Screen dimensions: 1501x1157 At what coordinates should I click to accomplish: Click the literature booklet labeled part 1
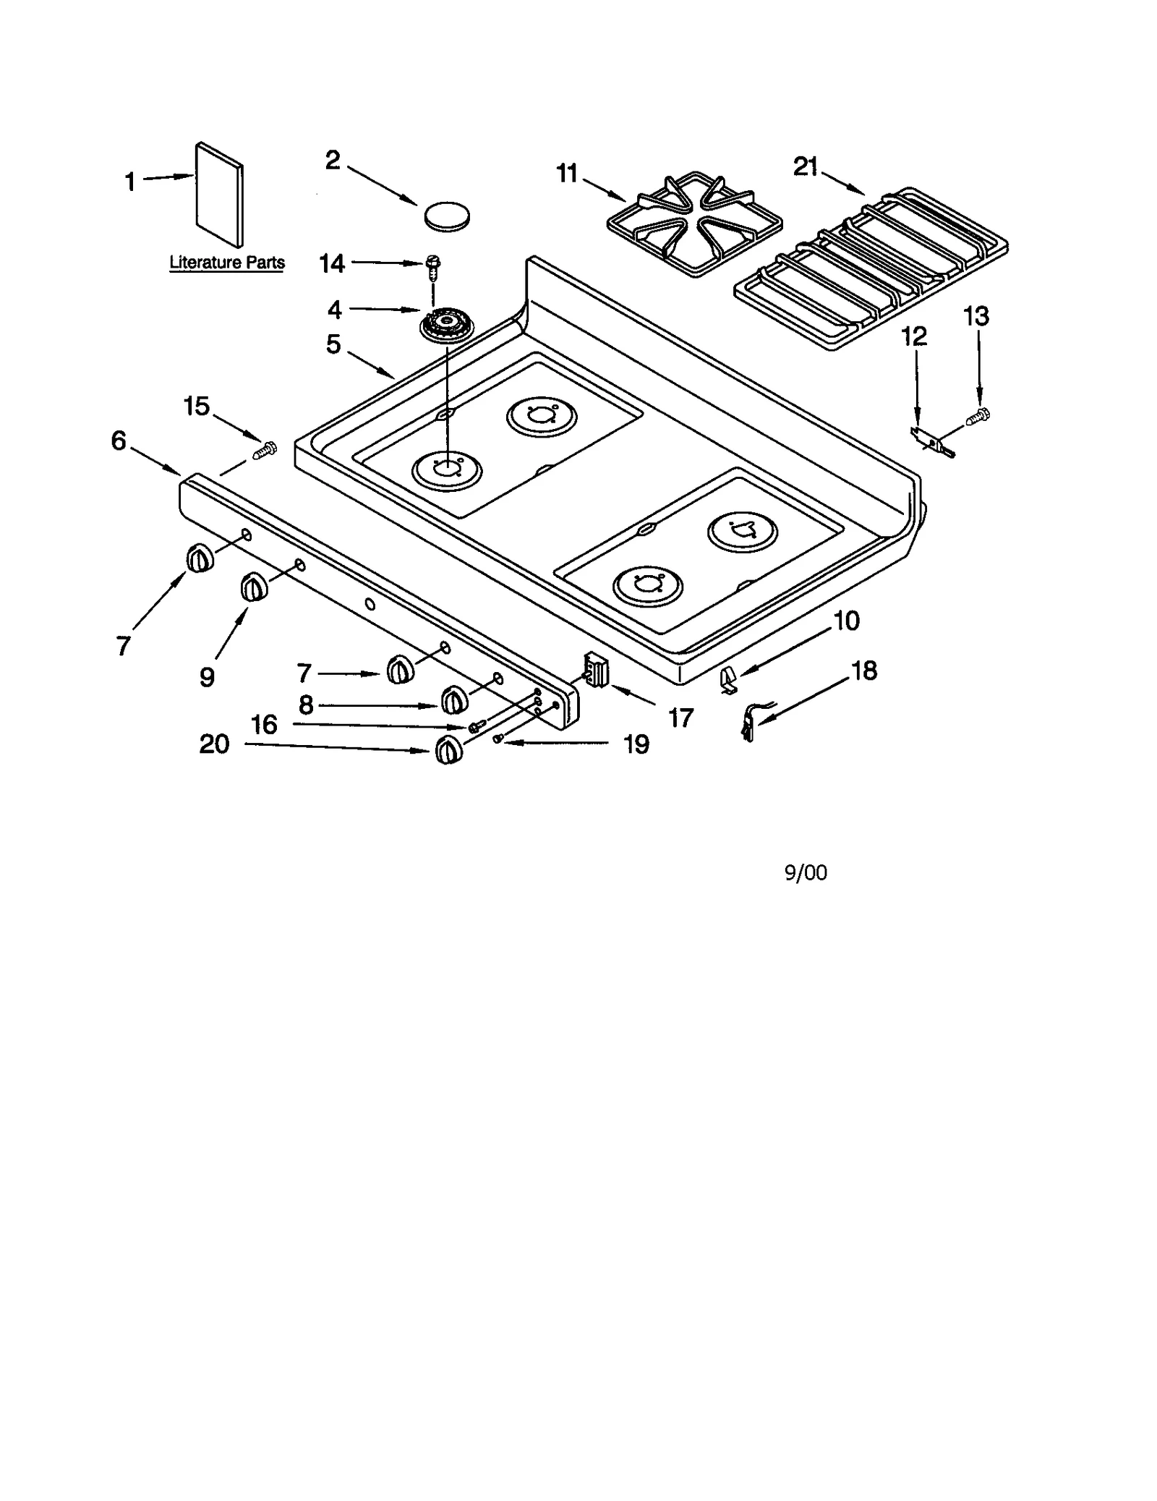click(x=219, y=194)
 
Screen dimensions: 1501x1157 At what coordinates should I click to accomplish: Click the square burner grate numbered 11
click(x=693, y=224)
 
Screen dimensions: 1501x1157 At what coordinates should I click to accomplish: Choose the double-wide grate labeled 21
click(x=871, y=268)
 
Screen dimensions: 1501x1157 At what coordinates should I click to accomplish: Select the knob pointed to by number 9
click(x=254, y=586)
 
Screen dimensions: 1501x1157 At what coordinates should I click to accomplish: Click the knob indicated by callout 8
click(x=453, y=699)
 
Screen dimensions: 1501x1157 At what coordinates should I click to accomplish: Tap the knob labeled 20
click(x=448, y=750)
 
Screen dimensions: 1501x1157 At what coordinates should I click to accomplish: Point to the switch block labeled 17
click(x=596, y=669)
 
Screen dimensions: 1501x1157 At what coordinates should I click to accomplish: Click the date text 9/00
click(x=806, y=873)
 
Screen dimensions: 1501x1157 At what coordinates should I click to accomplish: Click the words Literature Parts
click(x=227, y=263)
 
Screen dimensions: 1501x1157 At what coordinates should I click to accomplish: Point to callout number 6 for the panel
click(x=119, y=441)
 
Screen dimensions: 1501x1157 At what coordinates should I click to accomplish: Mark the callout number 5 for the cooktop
click(x=333, y=344)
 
